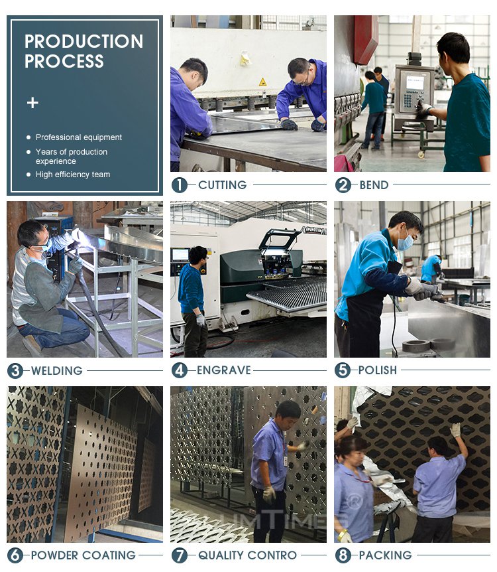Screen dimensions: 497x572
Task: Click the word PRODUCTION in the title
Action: pyautogui.click(x=83, y=41)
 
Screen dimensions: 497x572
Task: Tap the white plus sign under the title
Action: pyautogui.click(x=32, y=103)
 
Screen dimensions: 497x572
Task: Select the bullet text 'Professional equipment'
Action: pyautogui.click(x=79, y=137)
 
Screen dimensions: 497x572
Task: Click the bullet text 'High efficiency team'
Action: pyautogui.click(x=73, y=175)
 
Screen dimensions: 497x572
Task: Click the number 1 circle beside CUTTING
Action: pyautogui.click(x=180, y=185)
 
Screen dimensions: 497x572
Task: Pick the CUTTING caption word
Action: pyautogui.click(x=222, y=185)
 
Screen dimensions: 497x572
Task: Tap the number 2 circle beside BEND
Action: pyautogui.click(x=343, y=185)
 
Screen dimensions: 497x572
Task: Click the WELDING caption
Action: pyautogui.click(x=57, y=371)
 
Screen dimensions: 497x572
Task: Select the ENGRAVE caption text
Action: pyautogui.click(x=224, y=370)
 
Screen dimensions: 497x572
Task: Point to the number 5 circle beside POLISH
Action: pyautogui.click(x=343, y=370)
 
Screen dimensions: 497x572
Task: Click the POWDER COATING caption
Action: pyautogui.click(x=83, y=555)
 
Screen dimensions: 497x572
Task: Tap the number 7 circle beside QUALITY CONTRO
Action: pyautogui.click(x=180, y=555)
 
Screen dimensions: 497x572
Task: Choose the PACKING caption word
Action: pyautogui.click(x=385, y=555)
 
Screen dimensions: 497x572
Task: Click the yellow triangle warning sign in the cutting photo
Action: pyautogui.click(x=262, y=82)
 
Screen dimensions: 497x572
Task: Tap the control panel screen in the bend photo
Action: pyautogui.click(x=415, y=83)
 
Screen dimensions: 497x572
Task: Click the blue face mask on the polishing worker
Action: pyautogui.click(x=405, y=242)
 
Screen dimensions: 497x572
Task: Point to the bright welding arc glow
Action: pyautogui.click(x=81, y=236)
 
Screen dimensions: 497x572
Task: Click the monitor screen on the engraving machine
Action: pyautogui.click(x=180, y=255)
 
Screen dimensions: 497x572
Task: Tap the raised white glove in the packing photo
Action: pyautogui.click(x=455, y=430)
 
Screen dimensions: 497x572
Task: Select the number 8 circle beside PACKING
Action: pyautogui.click(x=343, y=555)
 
